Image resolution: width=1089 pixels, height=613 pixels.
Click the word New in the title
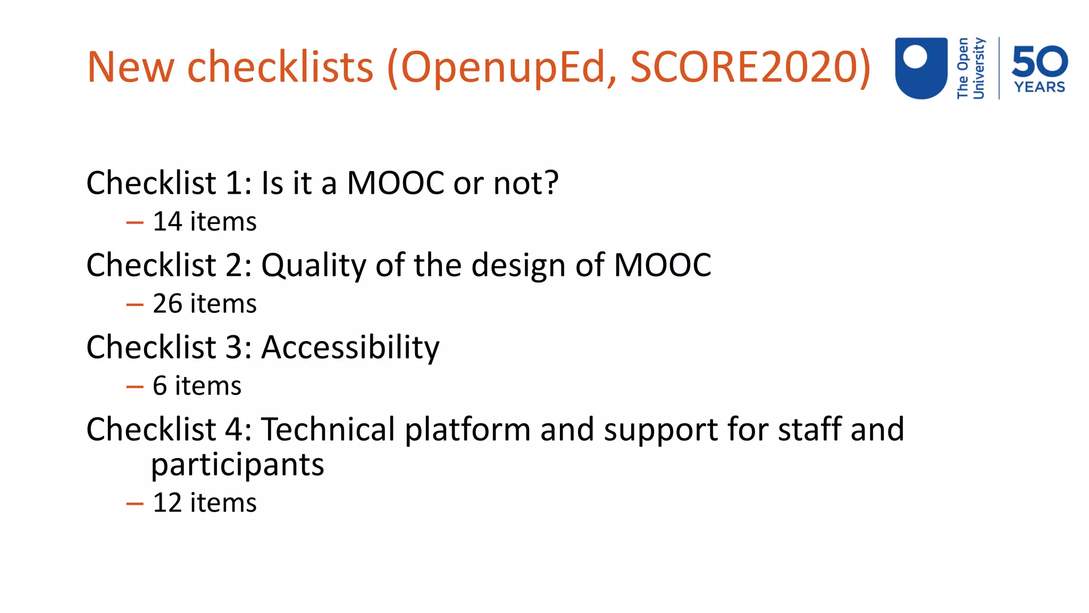[130, 67]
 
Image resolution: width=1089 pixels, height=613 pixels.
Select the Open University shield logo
[921, 68]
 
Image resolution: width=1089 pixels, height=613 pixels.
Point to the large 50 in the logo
[1040, 61]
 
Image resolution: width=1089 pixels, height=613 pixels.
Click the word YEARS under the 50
[1040, 87]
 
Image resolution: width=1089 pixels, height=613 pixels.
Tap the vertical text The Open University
[970, 68]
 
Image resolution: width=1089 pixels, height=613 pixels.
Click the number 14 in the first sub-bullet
[167, 221]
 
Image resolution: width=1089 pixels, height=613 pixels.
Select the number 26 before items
[167, 304]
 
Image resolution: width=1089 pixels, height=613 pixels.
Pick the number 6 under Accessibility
[160, 386]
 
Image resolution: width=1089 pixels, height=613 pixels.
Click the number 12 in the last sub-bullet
[167, 503]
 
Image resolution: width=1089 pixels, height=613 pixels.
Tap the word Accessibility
[350, 347]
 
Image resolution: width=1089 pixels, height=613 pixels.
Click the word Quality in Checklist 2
[313, 266]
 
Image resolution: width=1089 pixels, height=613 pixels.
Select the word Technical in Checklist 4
[328, 429]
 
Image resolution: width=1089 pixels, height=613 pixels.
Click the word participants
[237, 465]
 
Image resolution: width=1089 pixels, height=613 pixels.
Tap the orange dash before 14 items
[135, 223]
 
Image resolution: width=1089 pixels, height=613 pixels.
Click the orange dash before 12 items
[135, 504]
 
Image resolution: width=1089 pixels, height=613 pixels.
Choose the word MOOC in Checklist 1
[396, 183]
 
